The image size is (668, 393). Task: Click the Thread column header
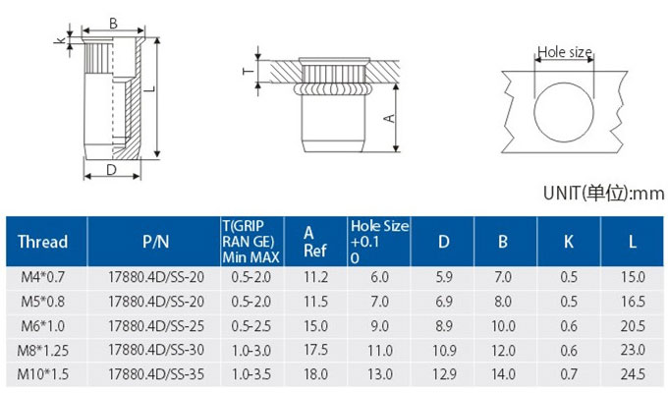(42, 242)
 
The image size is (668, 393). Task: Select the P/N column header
(155, 242)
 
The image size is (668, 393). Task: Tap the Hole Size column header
(379, 242)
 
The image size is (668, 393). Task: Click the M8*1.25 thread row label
(42, 351)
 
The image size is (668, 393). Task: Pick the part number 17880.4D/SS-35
(156, 374)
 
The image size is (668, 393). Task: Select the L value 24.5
(633, 374)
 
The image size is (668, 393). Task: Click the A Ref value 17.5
(315, 350)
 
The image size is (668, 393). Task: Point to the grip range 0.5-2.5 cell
(250, 326)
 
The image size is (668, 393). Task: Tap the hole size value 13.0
(380, 374)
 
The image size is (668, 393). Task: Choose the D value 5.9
(444, 277)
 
